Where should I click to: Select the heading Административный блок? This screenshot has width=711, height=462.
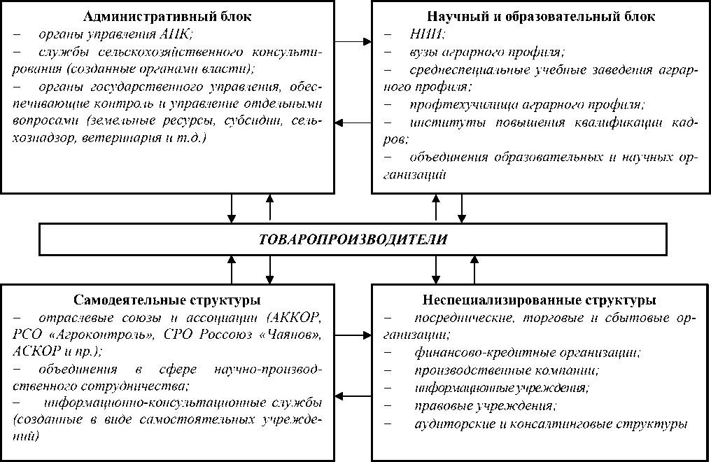(168, 16)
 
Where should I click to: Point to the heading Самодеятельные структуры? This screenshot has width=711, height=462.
(167, 301)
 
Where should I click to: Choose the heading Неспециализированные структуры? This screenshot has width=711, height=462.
(539, 301)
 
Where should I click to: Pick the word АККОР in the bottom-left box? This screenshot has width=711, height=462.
(291, 318)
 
